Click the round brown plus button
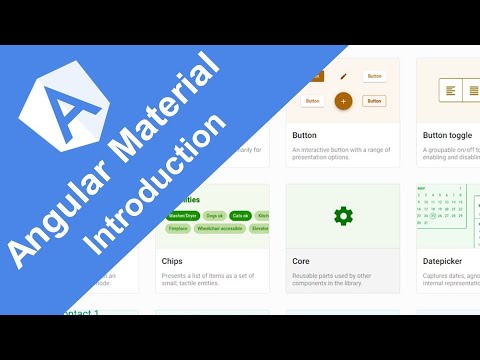point(343,101)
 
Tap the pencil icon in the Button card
point(343,76)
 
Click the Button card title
point(305,135)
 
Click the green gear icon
point(343,215)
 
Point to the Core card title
point(301,261)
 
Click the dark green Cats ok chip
point(240,215)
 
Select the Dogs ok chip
point(213,215)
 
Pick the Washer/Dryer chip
point(181,215)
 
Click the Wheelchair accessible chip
point(217,228)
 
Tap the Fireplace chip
point(178,228)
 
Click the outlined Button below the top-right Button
point(374,101)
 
